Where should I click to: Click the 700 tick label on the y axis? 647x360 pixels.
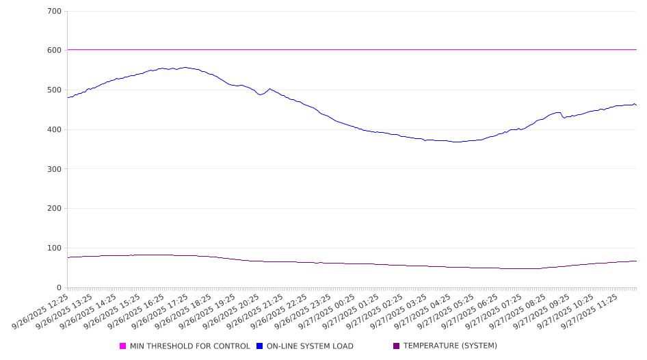click(55, 12)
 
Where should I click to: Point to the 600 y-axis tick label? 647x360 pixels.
click(55, 51)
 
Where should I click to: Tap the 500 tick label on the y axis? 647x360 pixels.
click(55, 90)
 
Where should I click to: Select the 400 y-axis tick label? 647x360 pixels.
click(55, 130)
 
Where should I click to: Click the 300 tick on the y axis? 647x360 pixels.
click(55, 169)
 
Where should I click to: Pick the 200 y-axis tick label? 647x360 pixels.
click(55, 209)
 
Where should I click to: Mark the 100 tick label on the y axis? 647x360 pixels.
click(55, 248)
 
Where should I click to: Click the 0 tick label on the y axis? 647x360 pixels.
click(60, 288)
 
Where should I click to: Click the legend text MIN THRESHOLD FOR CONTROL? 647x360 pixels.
click(189, 346)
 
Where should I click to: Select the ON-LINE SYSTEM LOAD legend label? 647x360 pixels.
click(310, 346)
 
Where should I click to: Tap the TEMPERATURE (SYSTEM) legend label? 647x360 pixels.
click(450, 346)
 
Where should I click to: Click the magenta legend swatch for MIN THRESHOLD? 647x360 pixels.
click(123, 346)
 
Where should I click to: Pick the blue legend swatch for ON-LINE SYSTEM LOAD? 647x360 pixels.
click(260, 346)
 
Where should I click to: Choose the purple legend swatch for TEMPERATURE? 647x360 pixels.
click(397, 346)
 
